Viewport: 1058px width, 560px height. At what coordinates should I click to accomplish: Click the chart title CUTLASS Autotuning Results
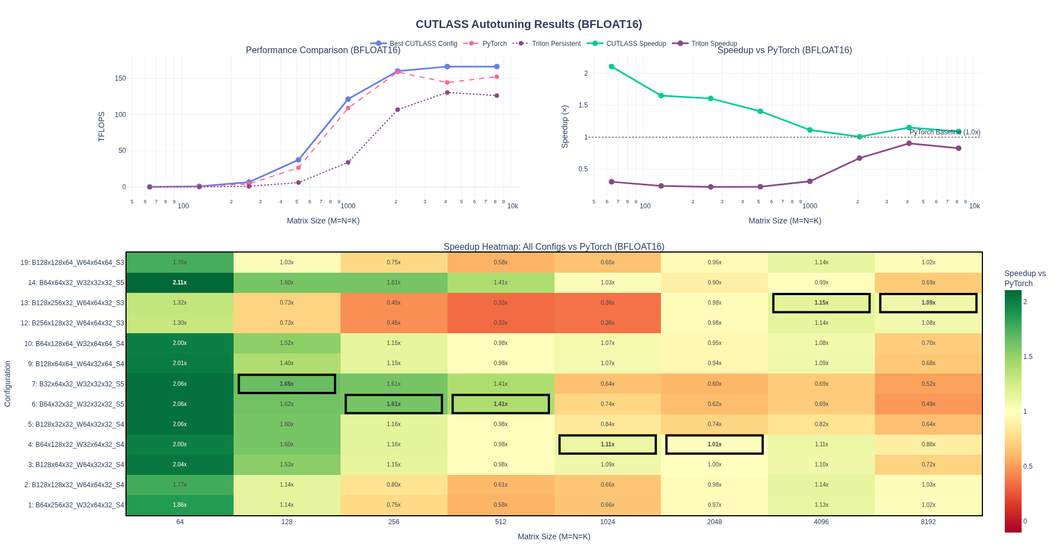point(529,24)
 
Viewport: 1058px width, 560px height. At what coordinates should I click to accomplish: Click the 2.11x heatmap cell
point(180,283)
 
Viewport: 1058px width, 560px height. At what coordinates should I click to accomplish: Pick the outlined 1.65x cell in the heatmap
point(287,384)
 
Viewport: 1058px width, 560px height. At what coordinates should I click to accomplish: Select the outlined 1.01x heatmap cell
point(714,445)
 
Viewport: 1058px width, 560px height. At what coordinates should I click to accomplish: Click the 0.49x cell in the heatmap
point(928,404)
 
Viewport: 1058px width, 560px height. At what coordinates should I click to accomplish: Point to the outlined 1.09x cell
point(928,303)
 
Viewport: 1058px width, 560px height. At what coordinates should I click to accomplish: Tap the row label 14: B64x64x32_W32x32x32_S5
point(76,283)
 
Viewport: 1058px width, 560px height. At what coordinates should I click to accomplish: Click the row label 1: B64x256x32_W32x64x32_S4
point(76,505)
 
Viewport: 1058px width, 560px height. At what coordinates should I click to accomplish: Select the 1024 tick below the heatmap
point(607,522)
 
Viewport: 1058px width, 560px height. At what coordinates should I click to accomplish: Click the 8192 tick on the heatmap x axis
point(928,522)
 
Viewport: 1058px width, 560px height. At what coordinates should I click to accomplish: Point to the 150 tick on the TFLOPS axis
point(120,78)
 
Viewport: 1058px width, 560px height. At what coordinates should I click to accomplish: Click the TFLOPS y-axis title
point(101,127)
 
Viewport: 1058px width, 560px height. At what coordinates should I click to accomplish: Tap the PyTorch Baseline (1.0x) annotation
point(944,133)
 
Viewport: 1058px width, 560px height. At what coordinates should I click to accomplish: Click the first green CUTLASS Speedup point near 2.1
point(612,67)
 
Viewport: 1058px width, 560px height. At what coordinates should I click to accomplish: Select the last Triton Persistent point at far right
point(497,96)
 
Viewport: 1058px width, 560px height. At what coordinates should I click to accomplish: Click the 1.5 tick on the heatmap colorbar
point(1028,357)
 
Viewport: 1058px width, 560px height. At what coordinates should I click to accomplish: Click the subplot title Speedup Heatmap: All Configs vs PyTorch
point(553,247)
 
